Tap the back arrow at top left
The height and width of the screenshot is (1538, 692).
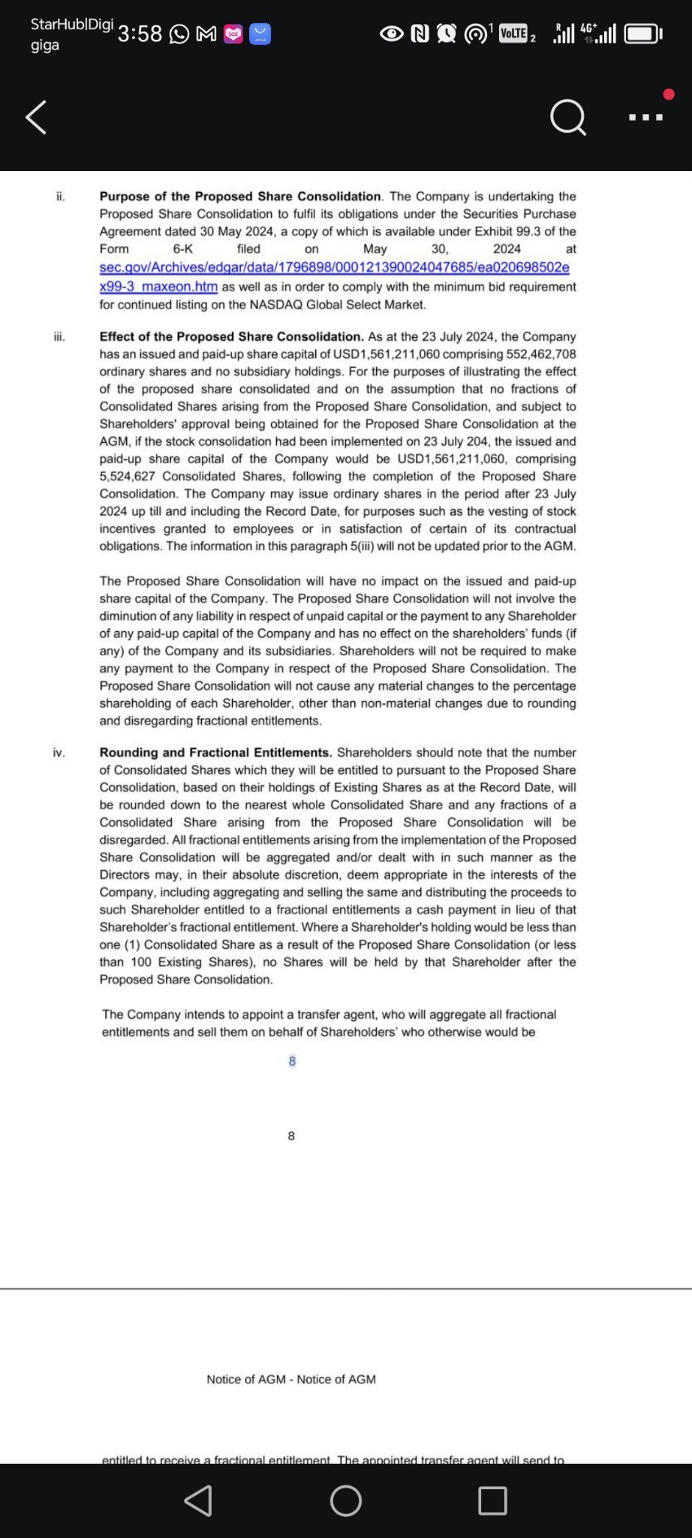click(x=36, y=117)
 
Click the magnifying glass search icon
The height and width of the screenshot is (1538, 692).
click(x=567, y=117)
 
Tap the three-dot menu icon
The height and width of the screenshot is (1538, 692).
click(x=645, y=117)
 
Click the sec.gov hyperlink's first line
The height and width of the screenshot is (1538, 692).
click(x=334, y=268)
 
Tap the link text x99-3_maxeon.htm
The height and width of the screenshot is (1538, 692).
click(x=158, y=287)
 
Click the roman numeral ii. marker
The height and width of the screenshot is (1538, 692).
click(x=61, y=197)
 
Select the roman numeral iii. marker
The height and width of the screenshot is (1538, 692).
click(x=59, y=337)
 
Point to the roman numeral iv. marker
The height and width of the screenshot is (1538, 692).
click(x=59, y=753)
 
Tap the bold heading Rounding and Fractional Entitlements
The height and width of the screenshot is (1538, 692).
click(x=215, y=753)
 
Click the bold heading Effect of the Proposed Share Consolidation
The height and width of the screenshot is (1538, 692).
click(x=231, y=337)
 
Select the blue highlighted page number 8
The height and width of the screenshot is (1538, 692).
click(x=292, y=1061)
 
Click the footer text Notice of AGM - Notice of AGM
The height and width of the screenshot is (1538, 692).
click(x=291, y=1380)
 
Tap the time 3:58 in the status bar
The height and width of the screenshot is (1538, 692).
click(x=140, y=34)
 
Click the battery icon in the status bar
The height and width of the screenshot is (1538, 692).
click(x=642, y=34)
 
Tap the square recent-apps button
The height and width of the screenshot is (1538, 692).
click(x=492, y=1500)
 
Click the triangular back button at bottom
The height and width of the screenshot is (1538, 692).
click(x=198, y=1500)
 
